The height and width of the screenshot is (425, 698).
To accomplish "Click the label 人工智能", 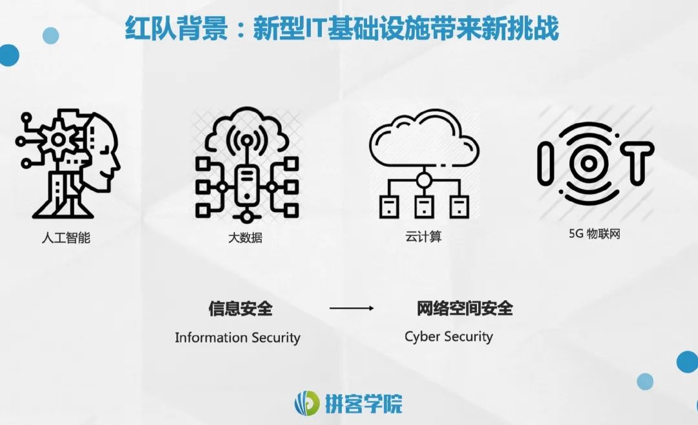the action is click(65, 237).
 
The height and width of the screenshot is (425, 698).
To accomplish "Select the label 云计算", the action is click(423, 237).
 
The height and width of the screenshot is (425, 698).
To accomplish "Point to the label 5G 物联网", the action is click(594, 234).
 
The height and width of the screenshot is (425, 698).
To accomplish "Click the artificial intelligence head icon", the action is click(68, 164).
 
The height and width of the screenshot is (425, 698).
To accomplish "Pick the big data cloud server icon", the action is click(246, 164).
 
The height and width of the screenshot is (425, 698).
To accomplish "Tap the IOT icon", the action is click(595, 162).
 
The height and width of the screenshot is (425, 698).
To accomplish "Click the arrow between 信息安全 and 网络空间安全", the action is click(352, 309).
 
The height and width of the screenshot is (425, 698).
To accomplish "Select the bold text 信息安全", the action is click(240, 309).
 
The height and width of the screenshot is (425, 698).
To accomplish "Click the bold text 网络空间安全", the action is click(465, 309).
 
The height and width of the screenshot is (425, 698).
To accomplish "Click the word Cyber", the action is click(421, 337).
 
